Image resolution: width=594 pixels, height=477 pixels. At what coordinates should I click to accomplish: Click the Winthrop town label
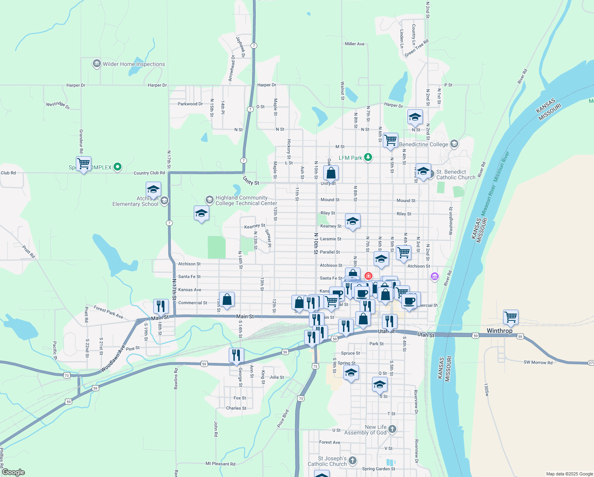coord(499,331)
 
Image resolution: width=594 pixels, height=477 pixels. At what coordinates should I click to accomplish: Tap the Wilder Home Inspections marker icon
coord(96,64)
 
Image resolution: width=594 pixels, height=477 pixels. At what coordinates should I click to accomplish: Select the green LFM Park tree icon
coord(368,157)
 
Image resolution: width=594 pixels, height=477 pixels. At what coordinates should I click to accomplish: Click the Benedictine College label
coord(423,144)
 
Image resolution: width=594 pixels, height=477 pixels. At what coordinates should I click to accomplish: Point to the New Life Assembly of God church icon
coord(392,429)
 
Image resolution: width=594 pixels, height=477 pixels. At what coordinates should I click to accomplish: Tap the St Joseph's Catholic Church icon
coord(352,461)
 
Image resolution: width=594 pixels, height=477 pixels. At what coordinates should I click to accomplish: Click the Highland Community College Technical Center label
coord(246,200)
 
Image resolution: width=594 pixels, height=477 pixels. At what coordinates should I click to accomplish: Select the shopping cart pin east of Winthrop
coord(510,317)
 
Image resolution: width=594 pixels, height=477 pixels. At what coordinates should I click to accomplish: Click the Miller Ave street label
coord(355,44)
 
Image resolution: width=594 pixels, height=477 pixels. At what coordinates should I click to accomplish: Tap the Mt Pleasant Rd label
coord(220,464)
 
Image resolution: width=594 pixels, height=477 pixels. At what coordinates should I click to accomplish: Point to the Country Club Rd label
coord(149,173)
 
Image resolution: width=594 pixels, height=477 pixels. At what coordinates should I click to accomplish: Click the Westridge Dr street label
coord(58,105)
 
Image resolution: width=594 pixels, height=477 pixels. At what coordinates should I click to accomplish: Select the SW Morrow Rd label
coord(538,363)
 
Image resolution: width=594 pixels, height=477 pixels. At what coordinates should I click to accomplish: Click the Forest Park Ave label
coord(108,312)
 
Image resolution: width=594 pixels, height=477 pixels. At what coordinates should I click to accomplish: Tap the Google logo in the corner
coord(13,472)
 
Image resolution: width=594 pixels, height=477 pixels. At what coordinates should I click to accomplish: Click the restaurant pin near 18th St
coord(161,306)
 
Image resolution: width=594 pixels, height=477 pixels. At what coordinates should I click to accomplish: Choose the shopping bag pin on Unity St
coord(331,173)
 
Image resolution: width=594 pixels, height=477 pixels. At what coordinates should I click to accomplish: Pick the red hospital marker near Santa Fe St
coord(368,275)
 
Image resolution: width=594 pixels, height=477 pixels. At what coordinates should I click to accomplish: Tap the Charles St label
coord(236,408)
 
